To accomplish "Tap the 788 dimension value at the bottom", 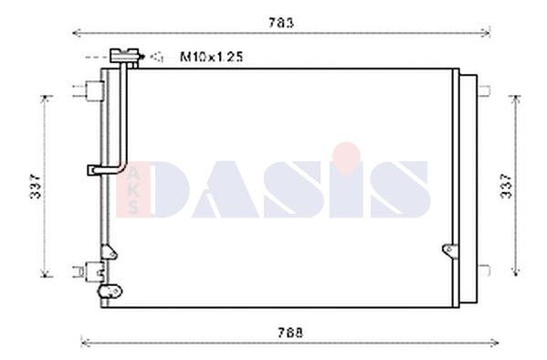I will click(288, 333).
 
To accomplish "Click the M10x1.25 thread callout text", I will click(210, 58).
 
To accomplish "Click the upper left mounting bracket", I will click(89, 90).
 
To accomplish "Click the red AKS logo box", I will click(134, 190).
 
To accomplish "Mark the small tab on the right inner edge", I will click(447, 249).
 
